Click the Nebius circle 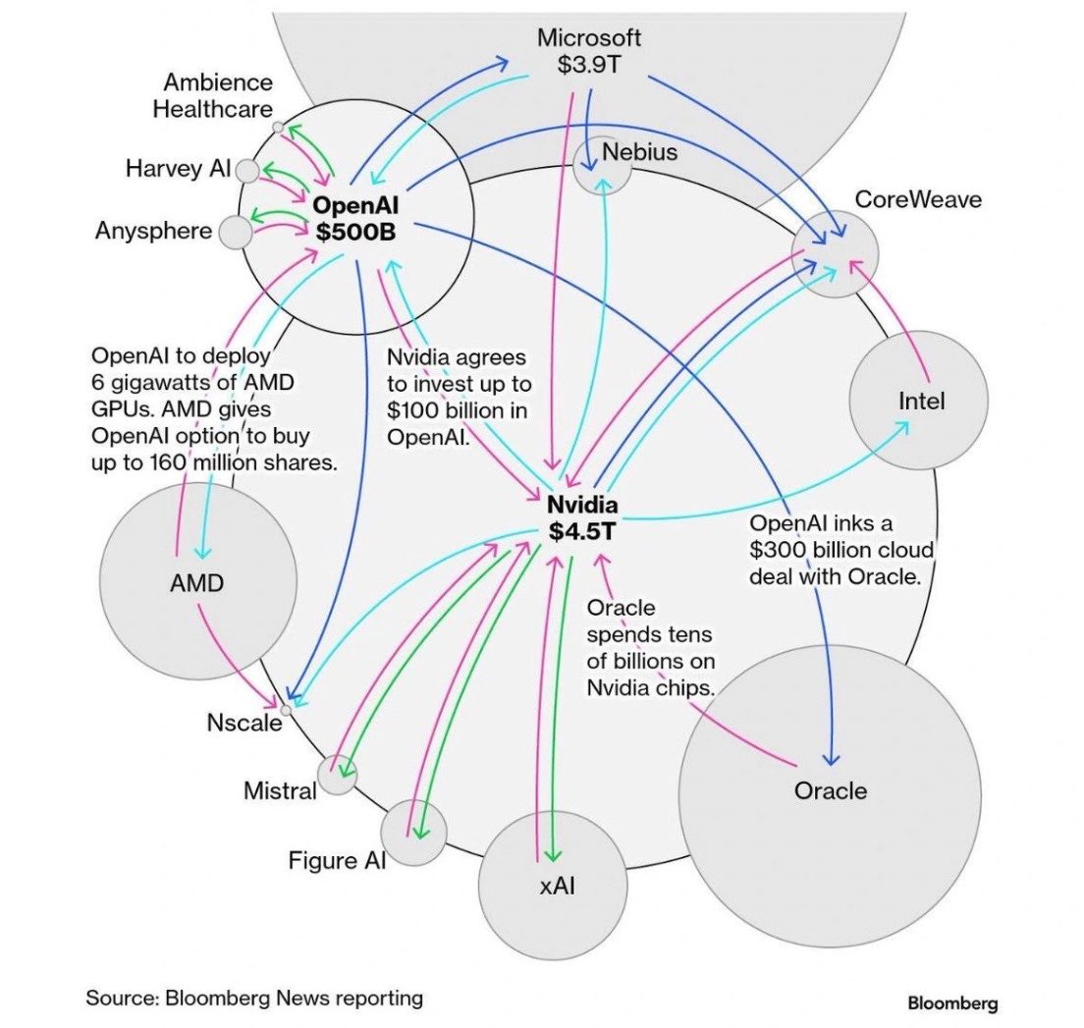click(x=602, y=166)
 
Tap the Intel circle click(x=919, y=401)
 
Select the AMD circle click(x=198, y=581)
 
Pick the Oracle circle click(x=830, y=795)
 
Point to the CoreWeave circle click(x=836, y=254)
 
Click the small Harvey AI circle click(x=247, y=170)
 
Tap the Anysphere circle click(x=236, y=233)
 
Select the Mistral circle click(x=338, y=775)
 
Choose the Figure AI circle click(x=413, y=833)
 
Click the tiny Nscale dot click(x=286, y=710)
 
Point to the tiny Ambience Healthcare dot click(x=278, y=128)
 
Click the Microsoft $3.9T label click(x=589, y=50)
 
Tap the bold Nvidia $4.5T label click(x=582, y=517)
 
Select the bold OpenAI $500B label click(x=355, y=218)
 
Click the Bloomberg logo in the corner click(x=952, y=1002)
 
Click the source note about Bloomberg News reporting click(x=254, y=998)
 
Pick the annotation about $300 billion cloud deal click(x=841, y=550)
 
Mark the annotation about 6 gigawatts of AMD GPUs click(x=214, y=408)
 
